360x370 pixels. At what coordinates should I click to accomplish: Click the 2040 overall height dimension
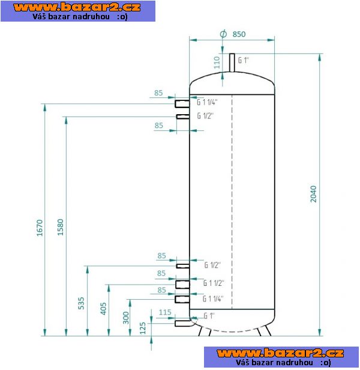(313, 194)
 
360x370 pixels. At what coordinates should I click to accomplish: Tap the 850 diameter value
(239, 34)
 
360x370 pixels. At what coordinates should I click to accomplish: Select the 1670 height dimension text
(40, 228)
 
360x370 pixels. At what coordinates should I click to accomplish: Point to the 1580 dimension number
(61, 227)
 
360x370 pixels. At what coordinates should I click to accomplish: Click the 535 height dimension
(81, 303)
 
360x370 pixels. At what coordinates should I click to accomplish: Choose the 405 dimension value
(103, 309)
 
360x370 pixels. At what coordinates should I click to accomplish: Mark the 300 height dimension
(126, 318)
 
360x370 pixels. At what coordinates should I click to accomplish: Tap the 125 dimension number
(143, 329)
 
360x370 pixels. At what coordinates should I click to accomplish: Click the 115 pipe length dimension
(165, 312)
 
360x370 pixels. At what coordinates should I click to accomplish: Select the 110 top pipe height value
(217, 62)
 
